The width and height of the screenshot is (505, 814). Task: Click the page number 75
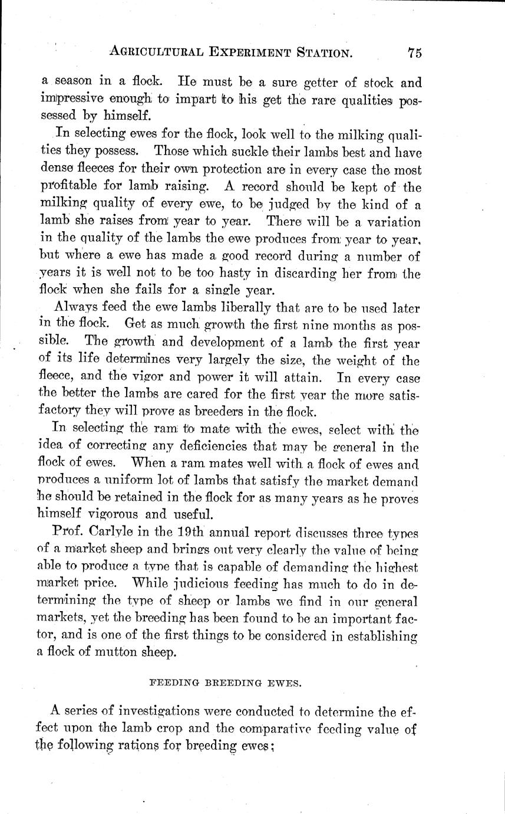pyautogui.click(x=414, y=52)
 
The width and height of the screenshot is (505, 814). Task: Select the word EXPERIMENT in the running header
pyautogui.click(x=240, y=53)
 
